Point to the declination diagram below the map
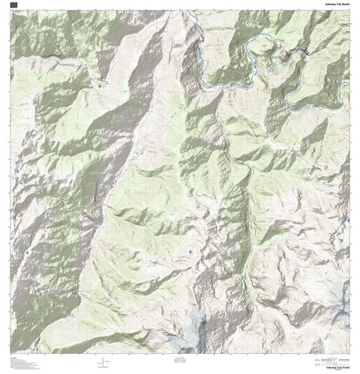[100, 363]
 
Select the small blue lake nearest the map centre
[191, 251]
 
